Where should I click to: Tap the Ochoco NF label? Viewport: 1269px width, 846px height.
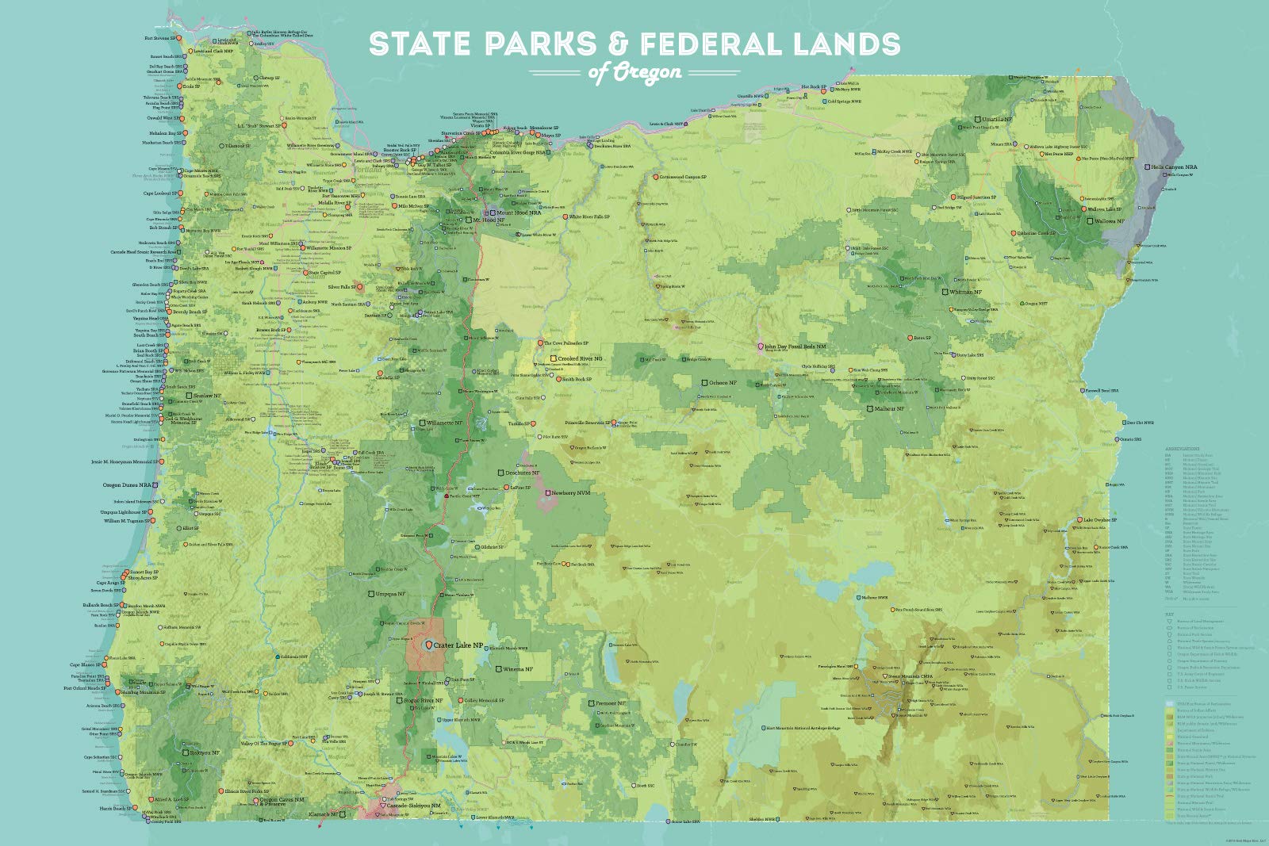click(722, 383)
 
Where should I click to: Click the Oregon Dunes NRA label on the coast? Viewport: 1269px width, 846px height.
click(128, 484)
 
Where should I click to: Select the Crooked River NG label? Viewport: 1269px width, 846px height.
click(580, 358)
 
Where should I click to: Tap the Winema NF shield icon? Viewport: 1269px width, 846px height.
click(498, 669)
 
